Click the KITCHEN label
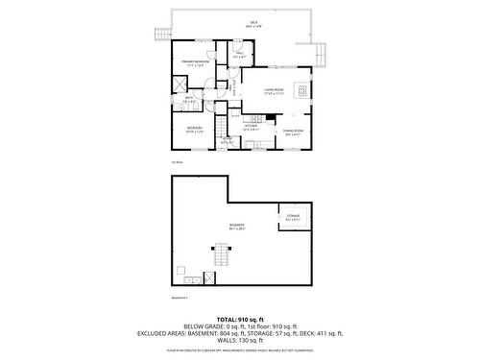252,127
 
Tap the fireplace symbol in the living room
302,91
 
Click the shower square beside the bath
179,83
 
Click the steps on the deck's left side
162,36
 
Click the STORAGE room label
292,216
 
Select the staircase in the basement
221,255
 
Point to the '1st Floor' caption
177,161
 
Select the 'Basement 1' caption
180,299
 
